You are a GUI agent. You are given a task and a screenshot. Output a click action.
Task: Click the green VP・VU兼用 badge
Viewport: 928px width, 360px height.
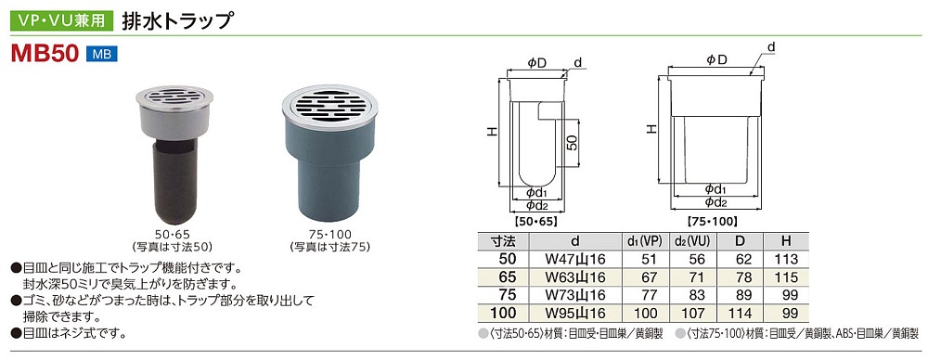(x=61, y=21)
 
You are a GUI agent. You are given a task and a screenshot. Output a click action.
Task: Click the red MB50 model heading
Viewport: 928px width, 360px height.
(x=45, y=54)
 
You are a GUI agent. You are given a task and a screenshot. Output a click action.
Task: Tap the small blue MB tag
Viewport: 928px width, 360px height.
(x=102, y=55)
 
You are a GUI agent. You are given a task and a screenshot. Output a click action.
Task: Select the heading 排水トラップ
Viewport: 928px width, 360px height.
(x=175, y=20)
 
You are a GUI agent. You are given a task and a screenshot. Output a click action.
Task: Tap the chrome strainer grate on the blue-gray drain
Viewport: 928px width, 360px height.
(x=329, y=107)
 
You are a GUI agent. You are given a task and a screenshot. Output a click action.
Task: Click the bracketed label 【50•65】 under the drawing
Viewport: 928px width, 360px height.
(x=536, y=222)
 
